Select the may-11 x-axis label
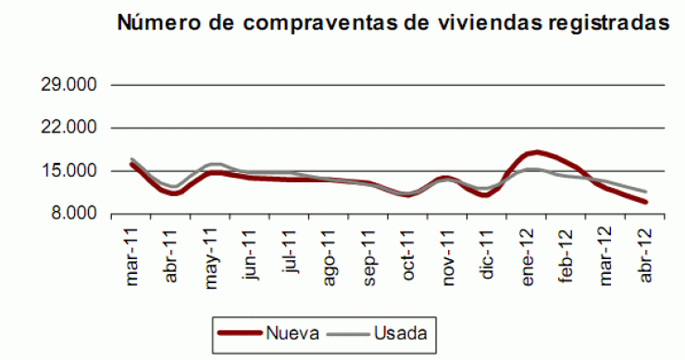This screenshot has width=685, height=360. (213, 249)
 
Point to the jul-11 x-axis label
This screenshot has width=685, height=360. (292, 247)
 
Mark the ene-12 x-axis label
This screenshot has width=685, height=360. (528, 249)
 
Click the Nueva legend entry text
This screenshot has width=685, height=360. (290, 330)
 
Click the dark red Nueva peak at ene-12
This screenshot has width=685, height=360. (536, 152)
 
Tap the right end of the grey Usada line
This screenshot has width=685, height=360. (645, 192)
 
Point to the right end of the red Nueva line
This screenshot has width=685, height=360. (645, 202)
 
